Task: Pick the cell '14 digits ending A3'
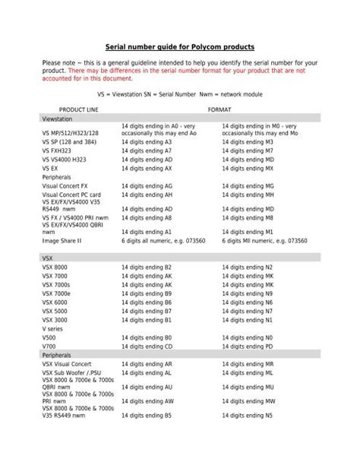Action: pyautogui.click(x=147, y=142)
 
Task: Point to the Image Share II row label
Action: pyautogui.click(x=62, y=241)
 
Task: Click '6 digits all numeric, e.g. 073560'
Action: pyautogui.click(x=165, y=241)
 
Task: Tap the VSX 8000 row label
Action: pyautogui.click(x=55, y=267)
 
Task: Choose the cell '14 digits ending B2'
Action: pyautogui.click(x=147, y=267)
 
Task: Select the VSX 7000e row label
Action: pyautogui.click(x=57, y=293)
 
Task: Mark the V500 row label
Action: pyautogui.click(x=50, y=337)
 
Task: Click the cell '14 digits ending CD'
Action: pyautogui.click(x=147, y=346)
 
